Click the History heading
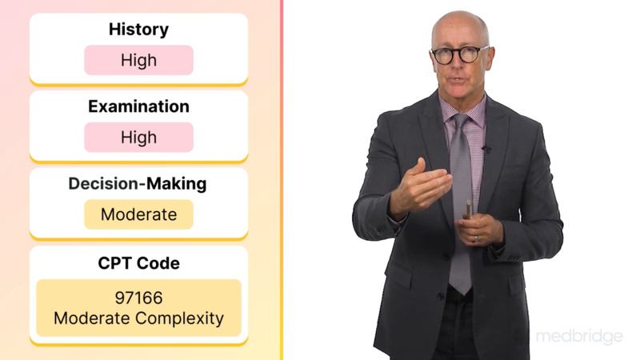138,30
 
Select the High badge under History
138,60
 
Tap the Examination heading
138,106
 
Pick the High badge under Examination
138,138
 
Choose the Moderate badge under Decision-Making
138,214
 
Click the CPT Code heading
138,262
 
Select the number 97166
138,298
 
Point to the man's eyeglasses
458,54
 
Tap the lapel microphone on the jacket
486,149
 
